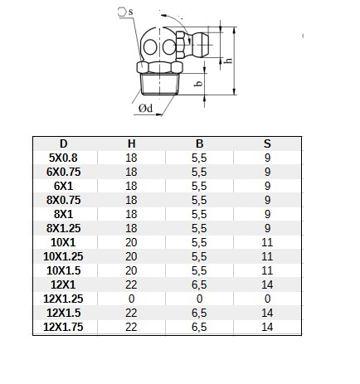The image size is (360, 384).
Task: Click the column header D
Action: tap(64, 143)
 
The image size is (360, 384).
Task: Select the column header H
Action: tap(132, 143)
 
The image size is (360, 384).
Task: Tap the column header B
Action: tap(199, 143)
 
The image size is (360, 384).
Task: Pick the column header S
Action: tap(267, 143)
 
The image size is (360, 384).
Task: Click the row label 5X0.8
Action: tap(63, 158)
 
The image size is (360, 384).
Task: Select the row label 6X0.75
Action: tap(63, 172)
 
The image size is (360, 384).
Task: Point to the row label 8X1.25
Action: tap(63, 228)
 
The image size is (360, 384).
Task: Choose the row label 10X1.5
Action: tap(63, 270)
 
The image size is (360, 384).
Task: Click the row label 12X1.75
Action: tap(63, 327)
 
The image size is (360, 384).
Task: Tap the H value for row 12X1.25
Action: tap(131, 299)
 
